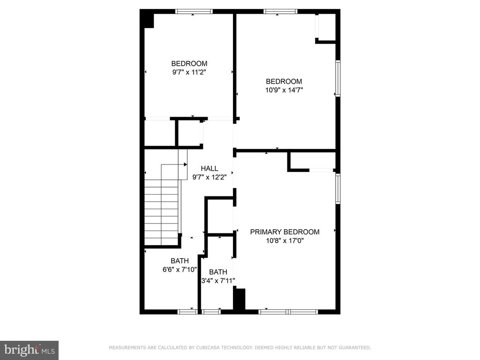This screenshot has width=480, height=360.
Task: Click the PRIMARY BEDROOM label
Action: pyautogui.click(x=285, y=232)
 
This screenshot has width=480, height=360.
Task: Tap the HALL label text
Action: pyautogui.click(x=210, y=168)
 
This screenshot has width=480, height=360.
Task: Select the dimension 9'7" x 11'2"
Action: pyautogui.click(x=189, y=72)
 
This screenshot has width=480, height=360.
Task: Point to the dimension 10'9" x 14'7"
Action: pyautogui.click(x=285, y=90)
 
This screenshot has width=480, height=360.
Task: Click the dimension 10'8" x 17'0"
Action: pyautogui.click(x=285, y=240)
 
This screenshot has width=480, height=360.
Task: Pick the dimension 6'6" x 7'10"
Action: pyautogui.click(x=180, y=270)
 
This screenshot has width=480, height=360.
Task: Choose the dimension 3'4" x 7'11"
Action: pyautogui.click(x=218, y=280)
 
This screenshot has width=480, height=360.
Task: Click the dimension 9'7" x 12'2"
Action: pyautogui.click(x=210, y=177)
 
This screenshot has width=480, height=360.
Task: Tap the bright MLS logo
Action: pyautogui.click(x=30, y=350)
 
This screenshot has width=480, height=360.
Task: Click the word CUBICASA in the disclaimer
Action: pyautogui.click(x=207, y=347)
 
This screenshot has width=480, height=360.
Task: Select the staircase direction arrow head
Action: pyautogui.click(x=186, y=165)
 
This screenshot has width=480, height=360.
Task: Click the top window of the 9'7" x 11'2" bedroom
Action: pyautogui.click(x=194, y=12)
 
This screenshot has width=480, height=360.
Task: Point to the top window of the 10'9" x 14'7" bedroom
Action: pyautogui.click(x=280, y=12)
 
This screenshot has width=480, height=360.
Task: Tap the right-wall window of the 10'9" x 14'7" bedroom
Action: pyautogui.click(x=338, y=79)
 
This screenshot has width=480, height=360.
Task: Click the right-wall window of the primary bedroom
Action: pyautogui.click(x=338, y=188)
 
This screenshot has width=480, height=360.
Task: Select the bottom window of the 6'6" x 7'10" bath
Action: pyautogui.click(x=187, y=312)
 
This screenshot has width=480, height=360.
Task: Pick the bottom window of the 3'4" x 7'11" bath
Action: pyautogui.click(x=211, y=312)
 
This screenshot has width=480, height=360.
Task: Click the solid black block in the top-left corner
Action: pyautogui.click(x=147, y=19)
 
